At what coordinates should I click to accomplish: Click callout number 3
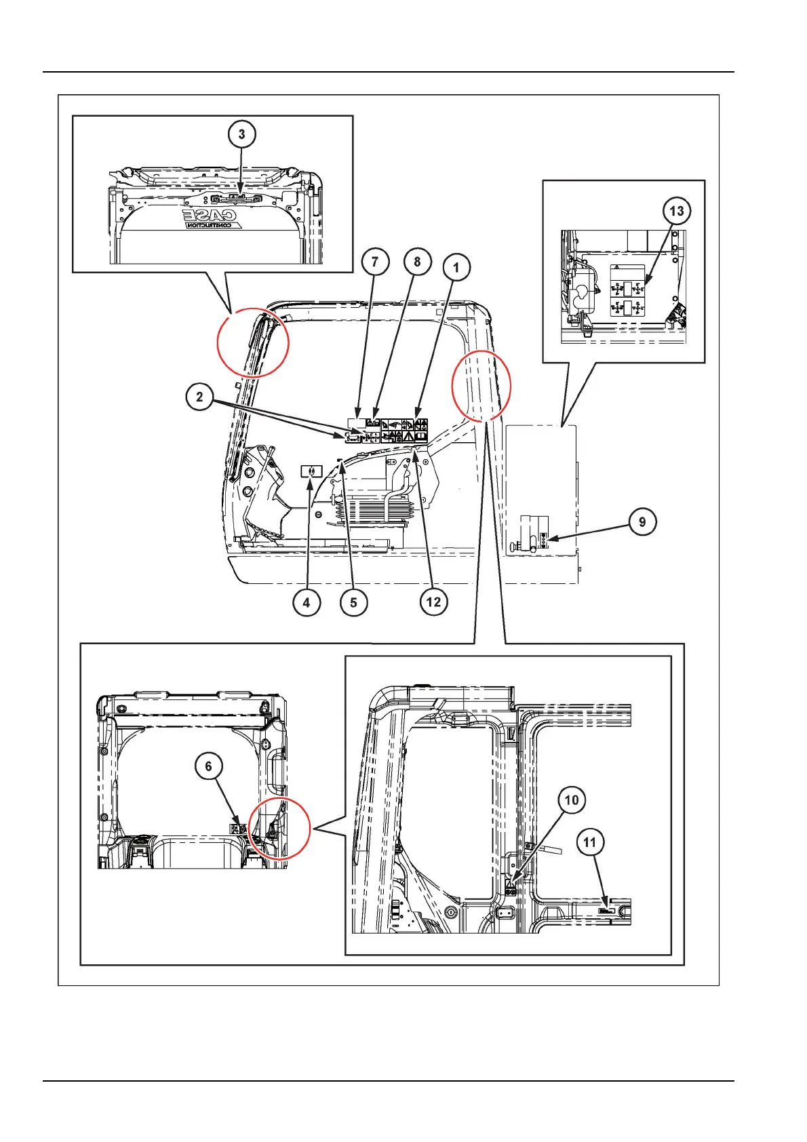click(241, 134)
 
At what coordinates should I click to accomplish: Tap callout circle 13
click(676, 211)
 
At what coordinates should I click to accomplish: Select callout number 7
click(375, 262)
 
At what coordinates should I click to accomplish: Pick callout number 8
click(417, 262)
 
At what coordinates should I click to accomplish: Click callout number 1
click(456, 267)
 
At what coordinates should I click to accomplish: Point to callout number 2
click(199, 397)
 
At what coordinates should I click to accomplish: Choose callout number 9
click(642, 521)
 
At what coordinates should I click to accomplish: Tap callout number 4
click(307, 602)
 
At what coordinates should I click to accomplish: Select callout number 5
click(353, 602)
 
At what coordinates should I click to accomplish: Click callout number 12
click(433, 602)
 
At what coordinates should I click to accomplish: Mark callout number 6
click(208, 766)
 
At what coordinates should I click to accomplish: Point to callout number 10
click(572, 800)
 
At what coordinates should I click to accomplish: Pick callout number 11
click(589, 842)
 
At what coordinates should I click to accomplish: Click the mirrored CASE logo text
click(211, 218)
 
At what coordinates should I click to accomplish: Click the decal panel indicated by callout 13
click(627, 291)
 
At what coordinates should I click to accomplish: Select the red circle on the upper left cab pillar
click(253, 342)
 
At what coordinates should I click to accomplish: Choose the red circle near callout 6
click(279, 828)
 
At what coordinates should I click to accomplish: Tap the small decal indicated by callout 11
click(607, 911)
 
